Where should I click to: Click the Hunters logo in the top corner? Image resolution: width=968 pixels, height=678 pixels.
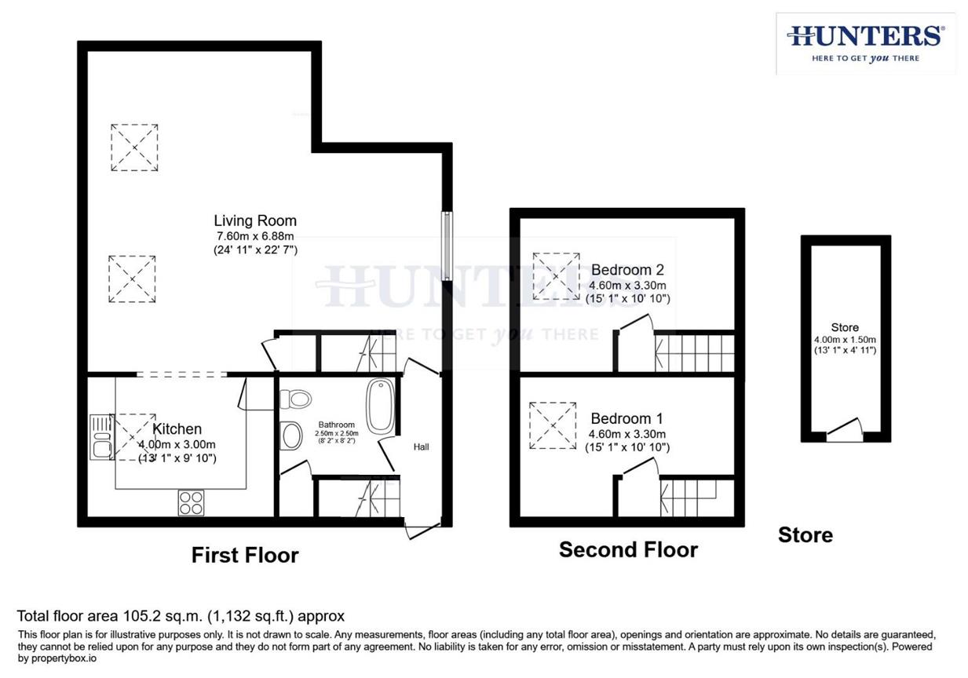(865, 43)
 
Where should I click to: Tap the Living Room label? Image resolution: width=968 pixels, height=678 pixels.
(255, 221)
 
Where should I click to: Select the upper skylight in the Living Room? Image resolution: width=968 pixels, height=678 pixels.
(134, 147)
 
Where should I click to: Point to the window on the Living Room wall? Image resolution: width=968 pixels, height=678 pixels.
(446, 246)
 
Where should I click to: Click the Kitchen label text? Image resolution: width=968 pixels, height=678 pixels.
(177, 429)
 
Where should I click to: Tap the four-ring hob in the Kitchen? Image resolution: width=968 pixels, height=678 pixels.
(191, 502)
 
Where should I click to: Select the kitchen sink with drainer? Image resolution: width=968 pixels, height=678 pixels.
(100, 437)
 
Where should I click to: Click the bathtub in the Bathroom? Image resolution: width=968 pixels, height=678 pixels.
(382, 406)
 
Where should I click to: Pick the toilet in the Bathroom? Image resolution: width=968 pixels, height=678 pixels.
(296, 399)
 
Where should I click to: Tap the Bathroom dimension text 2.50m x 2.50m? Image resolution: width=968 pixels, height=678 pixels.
(337, 433)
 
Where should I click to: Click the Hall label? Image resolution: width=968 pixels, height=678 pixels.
(422, 447)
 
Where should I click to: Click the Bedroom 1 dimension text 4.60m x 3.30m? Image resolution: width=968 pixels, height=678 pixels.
(627, 434)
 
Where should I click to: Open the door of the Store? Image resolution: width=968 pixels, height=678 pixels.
(844, 430)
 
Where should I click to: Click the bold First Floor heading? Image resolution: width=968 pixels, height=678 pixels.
(245, 556)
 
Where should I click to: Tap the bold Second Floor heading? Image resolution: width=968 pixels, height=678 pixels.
(628, 550)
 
